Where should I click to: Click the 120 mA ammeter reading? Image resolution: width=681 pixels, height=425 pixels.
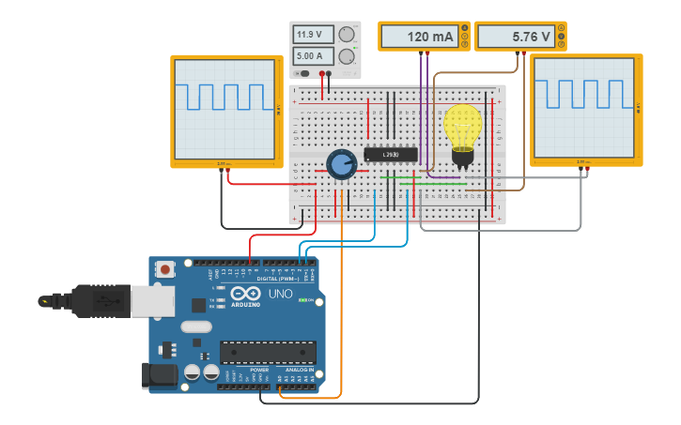point(420,37)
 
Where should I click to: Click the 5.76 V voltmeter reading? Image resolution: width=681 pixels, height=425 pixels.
point(517,37)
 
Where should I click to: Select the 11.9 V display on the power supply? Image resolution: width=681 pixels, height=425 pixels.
point(313,35)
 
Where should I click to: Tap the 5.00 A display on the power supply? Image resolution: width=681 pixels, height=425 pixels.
point(313,55)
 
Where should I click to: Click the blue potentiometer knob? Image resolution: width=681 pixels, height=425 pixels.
point(341,164)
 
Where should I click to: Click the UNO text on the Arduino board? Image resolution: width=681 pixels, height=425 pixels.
point(280,294)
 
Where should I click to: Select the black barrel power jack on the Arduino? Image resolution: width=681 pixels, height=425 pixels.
point(158,375)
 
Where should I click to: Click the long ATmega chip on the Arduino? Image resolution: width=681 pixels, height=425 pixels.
point(268,352)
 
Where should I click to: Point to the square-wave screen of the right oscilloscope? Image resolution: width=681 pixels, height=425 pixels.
point(581,106)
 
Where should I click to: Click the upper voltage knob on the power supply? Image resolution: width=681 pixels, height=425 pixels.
point(347,35)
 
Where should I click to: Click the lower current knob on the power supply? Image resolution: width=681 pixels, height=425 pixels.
point(347,56)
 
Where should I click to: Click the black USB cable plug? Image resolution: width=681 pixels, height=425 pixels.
point(94,300)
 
